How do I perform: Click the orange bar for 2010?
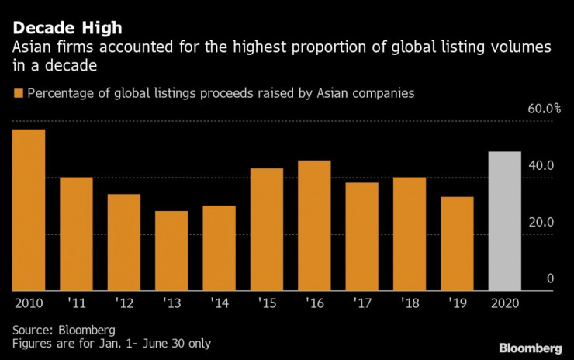click(x=28, y=209)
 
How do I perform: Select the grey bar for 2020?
click(x=504, y=221)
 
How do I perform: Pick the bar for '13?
click(x=171, y=251)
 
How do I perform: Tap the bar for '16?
click(x=314, y=225)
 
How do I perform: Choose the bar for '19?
click(x=457, y=244)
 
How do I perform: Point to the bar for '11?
click(x=76, y=234)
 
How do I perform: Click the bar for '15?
click(x=267, y=229)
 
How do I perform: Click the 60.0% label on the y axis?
click(x=544, y=109)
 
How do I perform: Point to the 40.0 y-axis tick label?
click(x=540, y=166)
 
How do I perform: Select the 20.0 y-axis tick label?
click(x=540, y=223)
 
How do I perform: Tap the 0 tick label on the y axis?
click(x=550, y=279)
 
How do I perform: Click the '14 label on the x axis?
click(x=220, y=302)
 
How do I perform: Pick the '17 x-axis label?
click(x=362, y=302)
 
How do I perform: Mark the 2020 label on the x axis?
click(x=504, y=302)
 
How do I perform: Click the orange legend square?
click(x=18, y=94)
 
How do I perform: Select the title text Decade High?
click(x=67, y=29)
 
